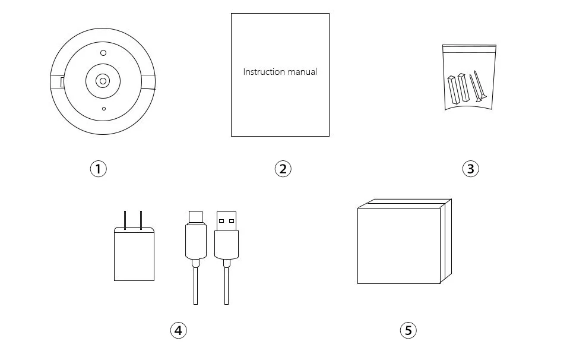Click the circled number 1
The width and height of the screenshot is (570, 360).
coord(98,169)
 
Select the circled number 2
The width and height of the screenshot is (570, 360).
coord(283,169)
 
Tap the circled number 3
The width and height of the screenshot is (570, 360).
coord(470,169)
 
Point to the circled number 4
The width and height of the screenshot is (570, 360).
coord(178,330)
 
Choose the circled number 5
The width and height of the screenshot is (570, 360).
coord(407,330)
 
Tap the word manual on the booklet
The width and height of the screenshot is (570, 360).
coord(302,72)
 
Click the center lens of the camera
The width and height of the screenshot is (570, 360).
coord(103,80)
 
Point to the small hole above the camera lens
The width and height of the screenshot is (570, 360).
coord(103,53)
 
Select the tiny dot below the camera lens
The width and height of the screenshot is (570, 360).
coord(104,108)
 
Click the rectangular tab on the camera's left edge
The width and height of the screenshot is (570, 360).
coord(62,82)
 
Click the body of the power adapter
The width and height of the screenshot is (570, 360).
coord(134,255)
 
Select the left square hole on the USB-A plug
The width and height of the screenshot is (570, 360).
coord(221,221)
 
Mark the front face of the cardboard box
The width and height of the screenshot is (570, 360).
coord(398,245)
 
